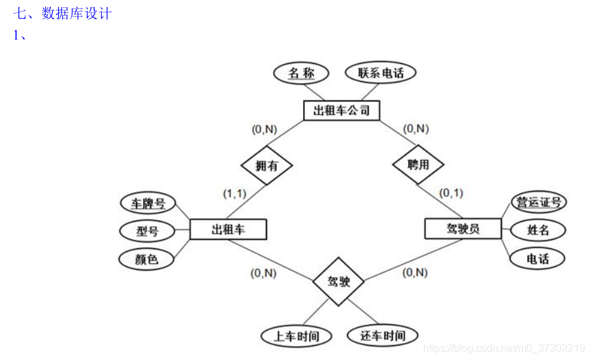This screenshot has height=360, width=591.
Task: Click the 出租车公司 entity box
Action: pyautogui.click(x=342, y=110)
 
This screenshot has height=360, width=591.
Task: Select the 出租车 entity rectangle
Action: pyautogui.click(x=228, y=229)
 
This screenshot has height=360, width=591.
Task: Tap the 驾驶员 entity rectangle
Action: pyautogui.click(x=463, y=229)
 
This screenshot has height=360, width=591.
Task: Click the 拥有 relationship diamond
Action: pyautogui.click(x=266, y=165)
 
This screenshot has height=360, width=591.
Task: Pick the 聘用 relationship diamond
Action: pyautogui.click(x=418, y=164)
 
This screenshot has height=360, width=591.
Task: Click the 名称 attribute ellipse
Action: pyautogui.click(x=301, y=73)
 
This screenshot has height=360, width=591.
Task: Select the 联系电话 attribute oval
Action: pyautogui.click(x=381, y=73)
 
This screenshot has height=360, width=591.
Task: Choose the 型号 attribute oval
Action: pyautogui.click(x=147, y=231)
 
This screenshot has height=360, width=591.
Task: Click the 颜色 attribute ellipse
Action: pyautogui.click(x=147, y=259)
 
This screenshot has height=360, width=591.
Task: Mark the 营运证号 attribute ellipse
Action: pyautogui.click(x=539, y=202)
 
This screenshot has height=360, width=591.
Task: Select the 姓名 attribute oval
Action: pyautogui.click(x=537, y=230)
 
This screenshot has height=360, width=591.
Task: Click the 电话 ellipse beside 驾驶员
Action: pyautogui.click(x=537, y=259)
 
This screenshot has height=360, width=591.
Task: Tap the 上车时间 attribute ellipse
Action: pyautogui.click(x=296, y=336)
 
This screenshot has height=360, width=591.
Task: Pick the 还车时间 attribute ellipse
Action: pyautogui.click(x=383, y=336)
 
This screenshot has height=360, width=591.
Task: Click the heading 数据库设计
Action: pyautogui.click(x=76, y=14)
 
